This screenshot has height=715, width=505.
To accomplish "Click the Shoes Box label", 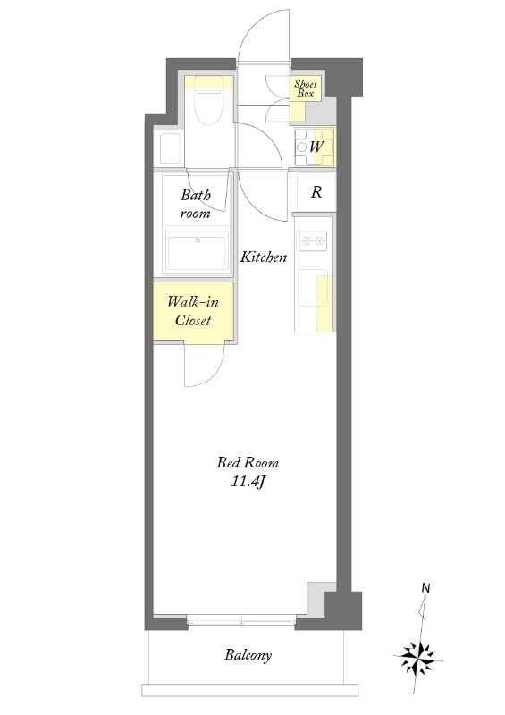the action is tap(305, 88).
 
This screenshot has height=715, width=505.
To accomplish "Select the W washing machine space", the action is tap(315, 147).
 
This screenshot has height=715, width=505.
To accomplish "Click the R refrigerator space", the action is tap(316, 192).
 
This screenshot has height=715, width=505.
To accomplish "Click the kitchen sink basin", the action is tap(313, 288).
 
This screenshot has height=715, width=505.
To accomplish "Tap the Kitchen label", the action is tap(264, 257).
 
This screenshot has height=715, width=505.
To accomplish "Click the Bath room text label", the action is tap(196, 205).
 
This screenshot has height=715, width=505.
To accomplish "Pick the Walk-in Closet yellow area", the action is tap(193, 311).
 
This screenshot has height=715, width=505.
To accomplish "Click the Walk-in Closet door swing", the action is tap(205, 364).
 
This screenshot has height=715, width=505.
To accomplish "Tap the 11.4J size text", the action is tap(248, 482).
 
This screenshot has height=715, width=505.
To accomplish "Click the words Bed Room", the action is tap(248, 463).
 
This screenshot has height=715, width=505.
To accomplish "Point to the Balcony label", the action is tap(248, 655).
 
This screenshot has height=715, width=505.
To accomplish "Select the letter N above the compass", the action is tap(425, 588).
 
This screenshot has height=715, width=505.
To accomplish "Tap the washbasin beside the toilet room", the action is tap(168, 147).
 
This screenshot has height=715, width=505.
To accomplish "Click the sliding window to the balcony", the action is tap(242, 620).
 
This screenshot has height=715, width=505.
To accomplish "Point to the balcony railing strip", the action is tap(251, 689).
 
